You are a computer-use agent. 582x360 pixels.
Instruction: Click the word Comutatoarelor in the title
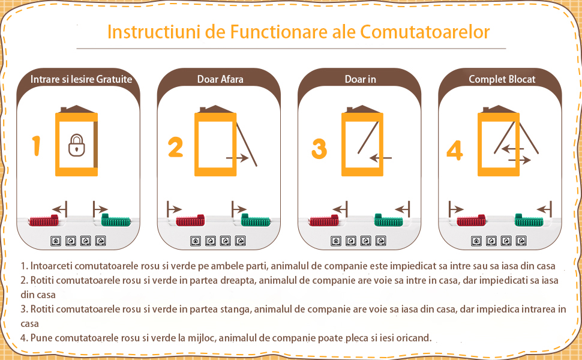(425, 32)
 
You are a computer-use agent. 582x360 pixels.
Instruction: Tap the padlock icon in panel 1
(76, 145)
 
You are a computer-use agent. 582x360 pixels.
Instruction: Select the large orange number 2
(176, 148)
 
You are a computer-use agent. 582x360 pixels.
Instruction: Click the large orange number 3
(319, 149)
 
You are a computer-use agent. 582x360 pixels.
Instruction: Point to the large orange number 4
(455, 151)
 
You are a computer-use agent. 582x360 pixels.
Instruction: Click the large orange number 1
(36, 145)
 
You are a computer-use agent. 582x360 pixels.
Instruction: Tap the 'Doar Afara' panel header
(220, 79)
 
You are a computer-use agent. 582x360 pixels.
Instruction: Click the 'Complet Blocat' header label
(502, 79)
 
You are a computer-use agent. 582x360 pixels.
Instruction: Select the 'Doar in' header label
(360, 79)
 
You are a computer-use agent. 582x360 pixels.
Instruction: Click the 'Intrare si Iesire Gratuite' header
(81, 79)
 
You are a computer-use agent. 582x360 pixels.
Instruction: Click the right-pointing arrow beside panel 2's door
(237, 158)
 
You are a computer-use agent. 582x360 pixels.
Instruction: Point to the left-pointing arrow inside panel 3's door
(380, 158)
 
